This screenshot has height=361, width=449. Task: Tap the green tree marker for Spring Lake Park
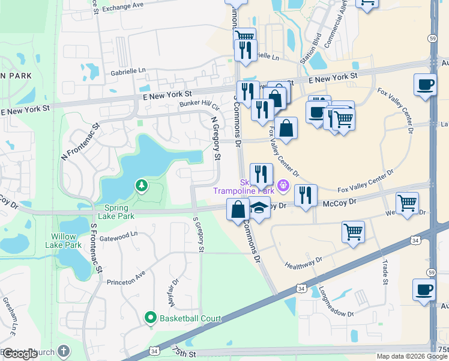(141, 186)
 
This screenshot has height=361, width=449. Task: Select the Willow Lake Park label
(65, 241)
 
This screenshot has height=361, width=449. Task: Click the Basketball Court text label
(190, 318)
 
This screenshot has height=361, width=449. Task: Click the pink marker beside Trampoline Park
(283, 186)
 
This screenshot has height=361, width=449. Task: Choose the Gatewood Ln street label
(119, 237)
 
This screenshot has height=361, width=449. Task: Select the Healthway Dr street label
(304, 264)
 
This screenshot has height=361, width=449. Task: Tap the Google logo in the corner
(20, 354)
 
